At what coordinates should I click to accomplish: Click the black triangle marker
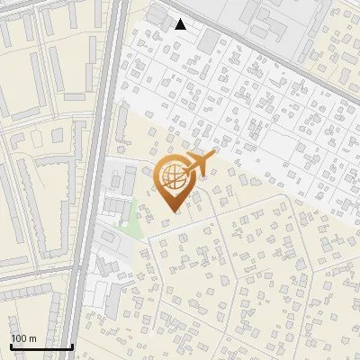pos(180,24)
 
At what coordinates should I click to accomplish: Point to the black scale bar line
pos(41,346)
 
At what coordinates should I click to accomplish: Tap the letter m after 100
pos(32,338)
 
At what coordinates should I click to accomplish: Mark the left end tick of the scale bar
pos(11,346)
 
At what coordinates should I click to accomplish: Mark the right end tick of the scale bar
pos(72,346)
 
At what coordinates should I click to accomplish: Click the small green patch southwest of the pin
pos(133,216)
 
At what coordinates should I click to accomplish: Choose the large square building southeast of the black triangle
pos(209,40)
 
